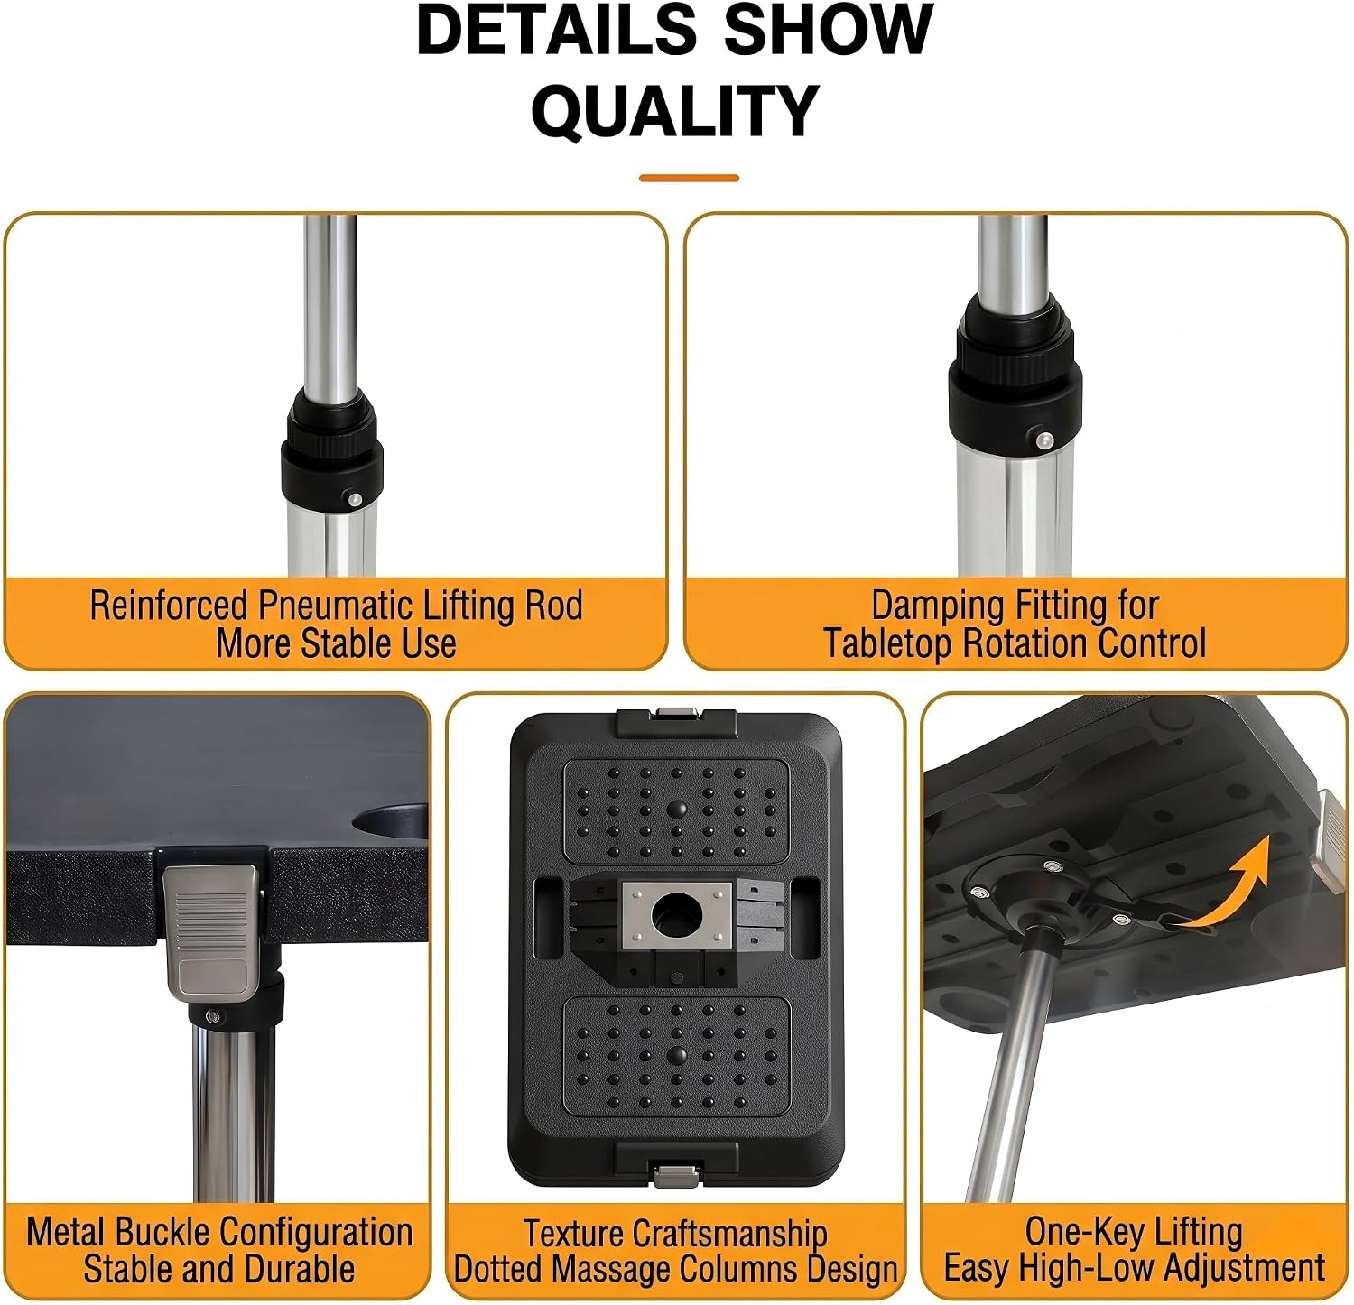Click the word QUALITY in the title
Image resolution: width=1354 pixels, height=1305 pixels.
[674, 111]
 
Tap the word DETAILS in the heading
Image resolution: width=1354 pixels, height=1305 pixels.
[556, 30]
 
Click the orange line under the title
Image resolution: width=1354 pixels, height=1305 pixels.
[689, 178]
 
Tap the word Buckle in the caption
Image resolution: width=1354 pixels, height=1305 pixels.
[166, 1232]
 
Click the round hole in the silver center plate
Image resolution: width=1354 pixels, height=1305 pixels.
[674, 916]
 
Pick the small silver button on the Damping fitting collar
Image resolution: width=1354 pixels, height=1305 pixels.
[1044, 440]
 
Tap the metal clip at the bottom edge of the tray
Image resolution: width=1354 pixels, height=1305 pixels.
[676, 1175]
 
